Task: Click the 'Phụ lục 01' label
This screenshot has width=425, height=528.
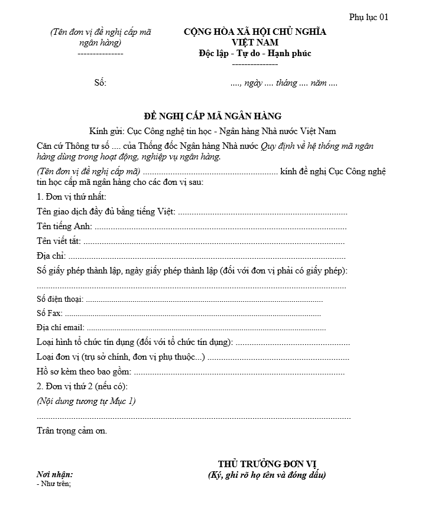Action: tap(368, 17)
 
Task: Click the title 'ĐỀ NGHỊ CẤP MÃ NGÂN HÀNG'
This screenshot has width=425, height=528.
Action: tap(213, 116)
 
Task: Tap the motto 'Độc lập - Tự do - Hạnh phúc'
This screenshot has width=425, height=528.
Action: tap(255, 54)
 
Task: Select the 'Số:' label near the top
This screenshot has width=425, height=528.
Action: tap(100, 83)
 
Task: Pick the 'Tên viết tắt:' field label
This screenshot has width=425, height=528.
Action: tap(59, 241)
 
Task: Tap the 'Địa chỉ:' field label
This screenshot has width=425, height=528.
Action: tap(51, 256)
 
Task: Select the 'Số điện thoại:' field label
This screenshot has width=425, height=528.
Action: tap(60, 300)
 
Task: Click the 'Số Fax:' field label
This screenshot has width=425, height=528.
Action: tap(49, 314)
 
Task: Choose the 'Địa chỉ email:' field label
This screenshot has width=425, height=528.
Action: tap(60, 327)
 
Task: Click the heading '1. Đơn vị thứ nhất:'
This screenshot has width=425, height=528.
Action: tap(72, 197)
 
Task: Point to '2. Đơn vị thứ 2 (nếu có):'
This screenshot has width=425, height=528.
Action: tap(82, 386)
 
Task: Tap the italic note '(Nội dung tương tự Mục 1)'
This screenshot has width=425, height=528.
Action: tap(86, 401)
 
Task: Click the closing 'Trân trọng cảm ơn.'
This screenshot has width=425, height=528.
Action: tap(72, 431)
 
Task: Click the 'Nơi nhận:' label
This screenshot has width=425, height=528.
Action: tap(55, 474)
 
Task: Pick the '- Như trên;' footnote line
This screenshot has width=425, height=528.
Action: tap(54, 484)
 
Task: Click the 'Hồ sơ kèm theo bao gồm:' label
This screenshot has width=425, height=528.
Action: tap(83, 372)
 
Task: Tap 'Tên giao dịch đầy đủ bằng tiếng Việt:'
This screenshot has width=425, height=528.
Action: tap(106, 211)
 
